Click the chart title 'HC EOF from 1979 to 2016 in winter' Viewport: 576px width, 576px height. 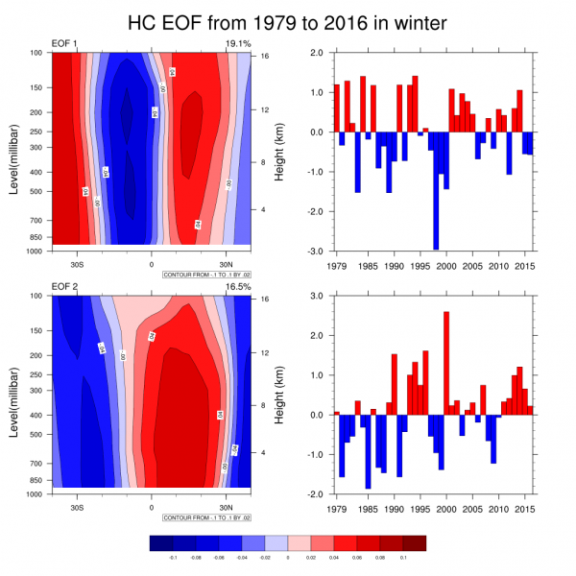click(x=287, y=21)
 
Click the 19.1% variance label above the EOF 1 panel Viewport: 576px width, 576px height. click(x=237, y=44)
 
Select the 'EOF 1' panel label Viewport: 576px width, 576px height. click(x=65, y=44)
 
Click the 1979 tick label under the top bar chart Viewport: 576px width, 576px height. click(x=338, y=265)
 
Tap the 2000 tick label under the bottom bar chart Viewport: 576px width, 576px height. click(x=446, y=508)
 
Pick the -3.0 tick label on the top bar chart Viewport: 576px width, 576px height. click(x=314, y=252)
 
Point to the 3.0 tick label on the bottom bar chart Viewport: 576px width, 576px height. click(x=316, y=296)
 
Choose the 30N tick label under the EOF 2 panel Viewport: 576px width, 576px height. click(x=226, y=507)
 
